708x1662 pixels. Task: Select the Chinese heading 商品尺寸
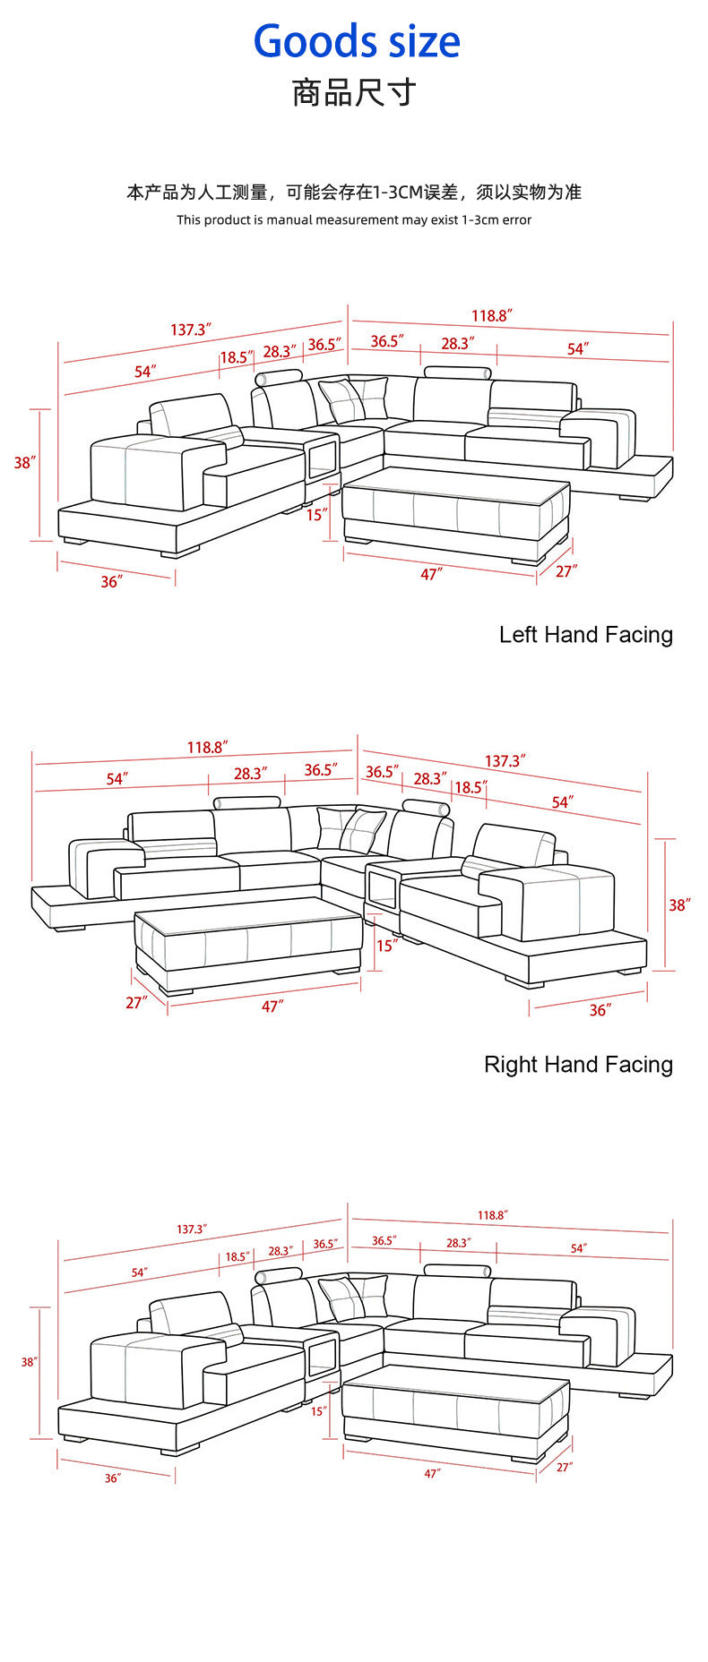[354, 93]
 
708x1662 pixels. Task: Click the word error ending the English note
[516, 220]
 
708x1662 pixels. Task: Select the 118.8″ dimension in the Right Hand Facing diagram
[207, 747]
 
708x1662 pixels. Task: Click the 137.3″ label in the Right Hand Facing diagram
[505, 761]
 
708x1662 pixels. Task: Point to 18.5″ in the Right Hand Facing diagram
[471, 787]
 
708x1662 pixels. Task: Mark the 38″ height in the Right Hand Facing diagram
[679, 904]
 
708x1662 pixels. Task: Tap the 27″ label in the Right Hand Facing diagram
[136, 1003]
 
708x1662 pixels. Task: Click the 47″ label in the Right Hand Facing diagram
[272, 1007]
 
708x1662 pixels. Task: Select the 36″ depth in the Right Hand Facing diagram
[600, 1010]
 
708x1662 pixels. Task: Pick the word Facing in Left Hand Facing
[639, 636]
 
